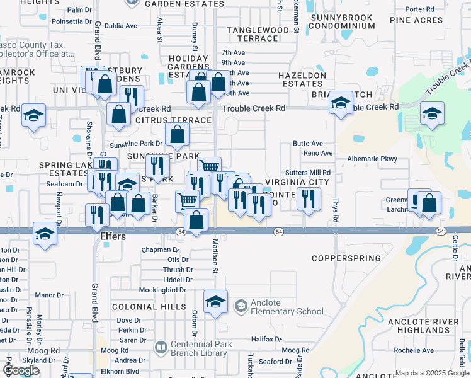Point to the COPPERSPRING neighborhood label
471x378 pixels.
tap(346, 258)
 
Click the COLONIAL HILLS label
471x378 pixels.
tap(149, 307)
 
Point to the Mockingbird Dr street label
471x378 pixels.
tap(162, 290)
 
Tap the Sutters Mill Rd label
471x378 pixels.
tap(307, 172)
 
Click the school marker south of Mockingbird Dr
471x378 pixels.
tap(215, 299)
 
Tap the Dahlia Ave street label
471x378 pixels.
tap(120, 26)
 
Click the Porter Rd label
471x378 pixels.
tap(420, 9)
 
